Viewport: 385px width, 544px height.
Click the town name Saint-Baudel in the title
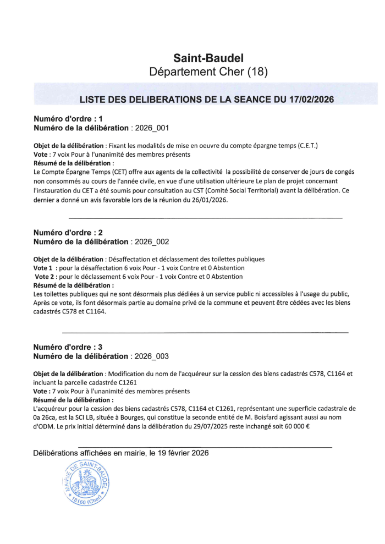[x=208, y=58]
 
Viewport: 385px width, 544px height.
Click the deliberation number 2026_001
[x=152, y=128]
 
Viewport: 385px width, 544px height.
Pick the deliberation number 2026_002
[x=152, y=241]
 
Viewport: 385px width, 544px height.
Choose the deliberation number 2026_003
[x=152, y=356]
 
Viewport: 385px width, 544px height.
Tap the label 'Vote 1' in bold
[x=45, y=268]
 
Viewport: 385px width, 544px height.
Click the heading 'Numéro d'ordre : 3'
[x=68, y=347]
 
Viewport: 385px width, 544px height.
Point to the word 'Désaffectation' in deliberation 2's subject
[x=130, y=259]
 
